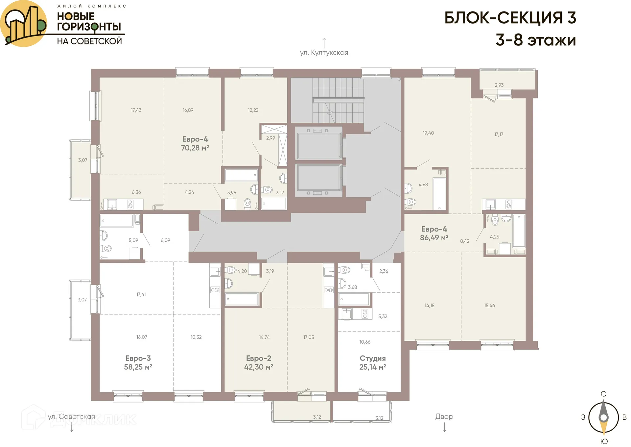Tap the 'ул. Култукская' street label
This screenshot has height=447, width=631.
[324, 53]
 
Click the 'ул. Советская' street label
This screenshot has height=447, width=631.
[71, 416]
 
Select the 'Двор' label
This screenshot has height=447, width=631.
[444, 416]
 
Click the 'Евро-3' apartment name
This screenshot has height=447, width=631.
[138, 358]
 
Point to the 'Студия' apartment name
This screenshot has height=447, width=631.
[372, 358]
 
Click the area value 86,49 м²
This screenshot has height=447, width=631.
[434, 237]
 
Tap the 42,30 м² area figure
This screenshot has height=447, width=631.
[258, 367]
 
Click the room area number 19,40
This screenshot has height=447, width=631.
[428, 133]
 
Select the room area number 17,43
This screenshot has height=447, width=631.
[136, 110]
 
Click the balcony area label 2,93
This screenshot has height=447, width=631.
[499, 85]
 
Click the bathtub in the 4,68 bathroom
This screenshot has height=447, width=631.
[439, 193]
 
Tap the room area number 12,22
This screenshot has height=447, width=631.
[253, 110]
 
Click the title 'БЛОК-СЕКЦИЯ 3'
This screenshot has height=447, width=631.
[510, 18]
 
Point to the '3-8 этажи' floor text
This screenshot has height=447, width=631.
[536, 40]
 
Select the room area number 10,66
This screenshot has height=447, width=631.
[365, 342]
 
